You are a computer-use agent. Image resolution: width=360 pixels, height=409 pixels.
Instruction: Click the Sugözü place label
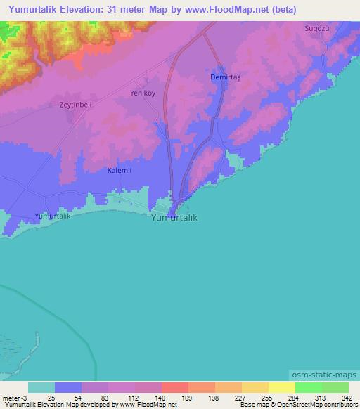316,28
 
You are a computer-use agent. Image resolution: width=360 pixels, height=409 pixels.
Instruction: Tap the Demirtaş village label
226,77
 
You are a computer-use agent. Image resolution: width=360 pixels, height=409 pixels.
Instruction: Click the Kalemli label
120,170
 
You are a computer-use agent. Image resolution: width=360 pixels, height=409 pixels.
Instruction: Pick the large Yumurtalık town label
174,218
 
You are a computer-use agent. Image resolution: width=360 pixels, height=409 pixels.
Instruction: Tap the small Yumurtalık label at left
53,216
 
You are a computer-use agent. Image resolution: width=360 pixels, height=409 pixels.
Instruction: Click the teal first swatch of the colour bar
41,387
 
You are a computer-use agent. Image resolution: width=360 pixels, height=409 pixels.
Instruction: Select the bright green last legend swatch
335,387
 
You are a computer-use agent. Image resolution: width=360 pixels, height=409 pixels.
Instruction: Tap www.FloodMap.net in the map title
216,10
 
